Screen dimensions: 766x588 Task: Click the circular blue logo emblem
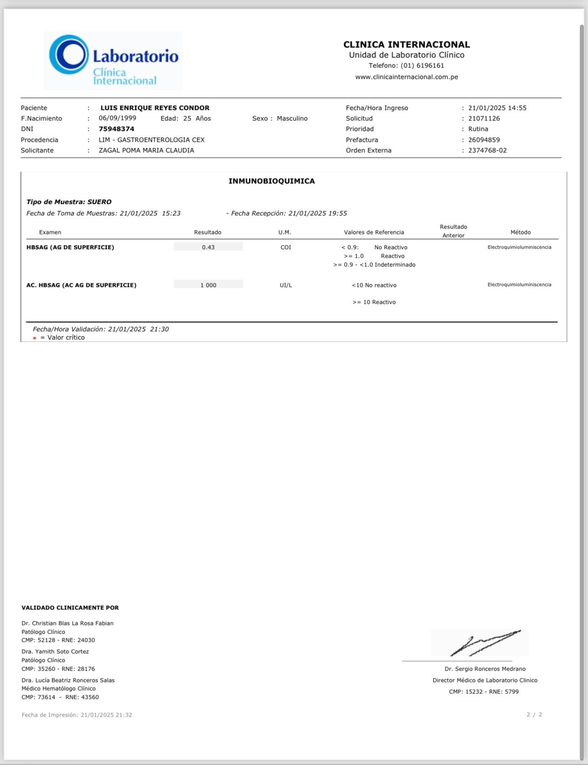coord(69,55)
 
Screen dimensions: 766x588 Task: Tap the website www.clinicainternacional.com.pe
coord(407,77)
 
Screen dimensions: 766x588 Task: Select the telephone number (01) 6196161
coord(422,66)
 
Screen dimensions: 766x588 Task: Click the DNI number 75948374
coord(117,129)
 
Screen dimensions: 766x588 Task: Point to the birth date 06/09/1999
coord(118,118)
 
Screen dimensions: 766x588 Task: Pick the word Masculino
coord(292,119)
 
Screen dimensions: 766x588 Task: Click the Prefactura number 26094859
coord(484,140)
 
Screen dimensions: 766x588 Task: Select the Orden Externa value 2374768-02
coord(487,151)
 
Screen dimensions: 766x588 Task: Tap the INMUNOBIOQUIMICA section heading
coord(272,181)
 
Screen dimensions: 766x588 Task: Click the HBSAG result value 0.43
coord(208,247)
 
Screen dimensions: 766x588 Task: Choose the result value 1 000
coord(208,285)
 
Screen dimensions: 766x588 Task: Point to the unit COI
coord(286,247)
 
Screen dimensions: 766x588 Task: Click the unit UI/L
coord(286,285)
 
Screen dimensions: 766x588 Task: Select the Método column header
coord(521,232)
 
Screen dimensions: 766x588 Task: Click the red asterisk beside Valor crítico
coord(35,338)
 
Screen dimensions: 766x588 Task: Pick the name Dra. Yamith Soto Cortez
coord(55,651)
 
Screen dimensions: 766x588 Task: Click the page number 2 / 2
coord(534,714)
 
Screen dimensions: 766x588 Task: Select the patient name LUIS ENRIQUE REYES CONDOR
coord(155,108)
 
